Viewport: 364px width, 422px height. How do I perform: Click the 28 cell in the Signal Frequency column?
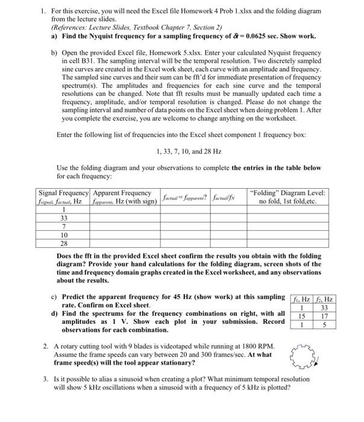pos(64,242)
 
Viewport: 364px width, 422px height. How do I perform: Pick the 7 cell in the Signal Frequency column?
pos(64,225)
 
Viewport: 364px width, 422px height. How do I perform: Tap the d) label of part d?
pos(55,313)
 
